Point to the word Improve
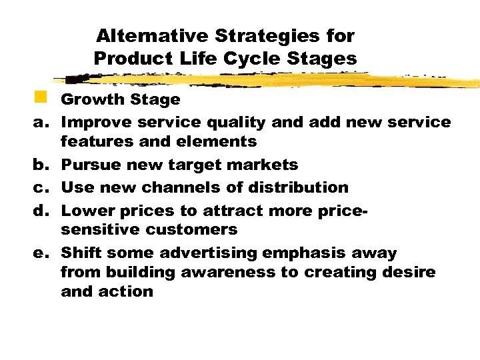coord(97,122)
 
